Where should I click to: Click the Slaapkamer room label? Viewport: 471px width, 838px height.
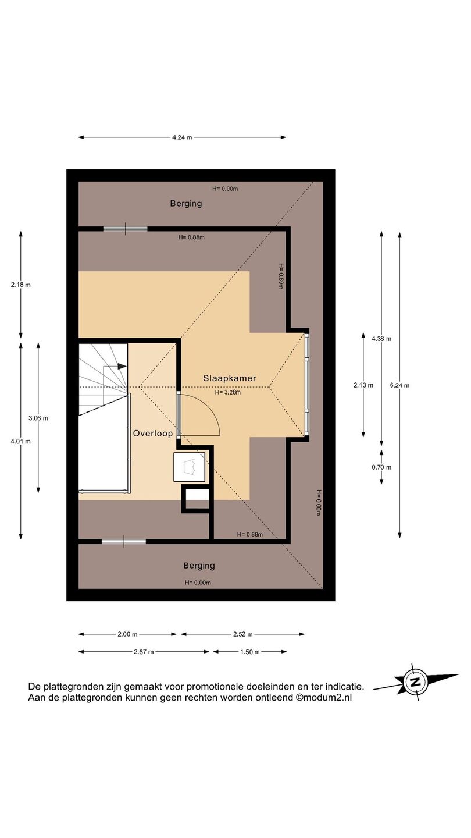click(230, 378)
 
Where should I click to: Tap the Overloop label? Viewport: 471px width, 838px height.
click(153, 433)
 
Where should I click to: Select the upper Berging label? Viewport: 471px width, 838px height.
click(186, 204)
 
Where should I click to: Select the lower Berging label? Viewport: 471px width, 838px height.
click(199, 566)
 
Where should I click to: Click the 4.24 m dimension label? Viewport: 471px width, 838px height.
click(182, 137)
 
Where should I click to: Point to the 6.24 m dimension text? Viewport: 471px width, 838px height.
click(399, 385)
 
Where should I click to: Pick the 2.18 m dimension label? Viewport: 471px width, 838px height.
click(21, 285)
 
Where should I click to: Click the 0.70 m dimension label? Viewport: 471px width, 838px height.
click(381, 467)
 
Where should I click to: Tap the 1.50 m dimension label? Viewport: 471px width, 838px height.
click(249, 652)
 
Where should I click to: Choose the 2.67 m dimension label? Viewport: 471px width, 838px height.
click(144, 652)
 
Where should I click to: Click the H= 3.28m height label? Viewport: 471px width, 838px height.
click(228, 392)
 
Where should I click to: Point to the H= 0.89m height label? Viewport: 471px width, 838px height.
click(281, 276)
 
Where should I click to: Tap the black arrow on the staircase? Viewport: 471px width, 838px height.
click(122, 367)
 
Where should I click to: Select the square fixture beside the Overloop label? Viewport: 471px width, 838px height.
click(190, 467)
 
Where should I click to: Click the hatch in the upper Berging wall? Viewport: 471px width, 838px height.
click(125, 229)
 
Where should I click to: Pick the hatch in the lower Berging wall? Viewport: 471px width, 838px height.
click(124, 541)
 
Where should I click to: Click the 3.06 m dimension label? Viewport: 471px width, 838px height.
click(38, 418)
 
